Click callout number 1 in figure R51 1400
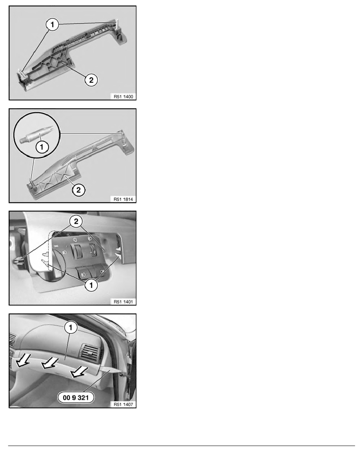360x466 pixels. click(x=52, y=24)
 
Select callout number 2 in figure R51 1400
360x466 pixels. click(x=91, y=80)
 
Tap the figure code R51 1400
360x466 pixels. click(x=123, y=96)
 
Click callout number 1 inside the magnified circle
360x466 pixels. click(x=42, y=147)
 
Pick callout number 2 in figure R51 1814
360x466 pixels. click(x=78, y=189)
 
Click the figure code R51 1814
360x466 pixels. click(x=123, y=199)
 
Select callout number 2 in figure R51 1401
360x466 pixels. click(x=76, y=221)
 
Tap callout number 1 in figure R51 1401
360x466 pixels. click(x=91, y=285)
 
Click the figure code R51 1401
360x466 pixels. click(x=123, y=302)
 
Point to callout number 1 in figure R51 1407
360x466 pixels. click(x=71, y=328)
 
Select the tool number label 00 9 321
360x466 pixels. click(x=76, y=397)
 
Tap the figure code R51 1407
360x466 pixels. click(x=123, y=404)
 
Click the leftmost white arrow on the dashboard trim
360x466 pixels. click(x=23, y=361)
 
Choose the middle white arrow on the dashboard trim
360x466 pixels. click(x=49, y=363)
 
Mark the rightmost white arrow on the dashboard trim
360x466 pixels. click(x=79, y=372)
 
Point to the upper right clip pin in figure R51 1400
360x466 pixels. click(x=117, y=25)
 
